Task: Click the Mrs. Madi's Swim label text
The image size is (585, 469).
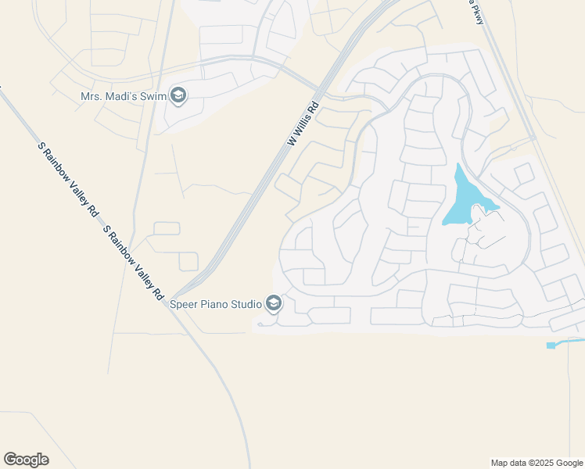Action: click(x=123, y=97)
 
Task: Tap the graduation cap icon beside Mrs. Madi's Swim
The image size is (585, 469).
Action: click(x=178, y=97)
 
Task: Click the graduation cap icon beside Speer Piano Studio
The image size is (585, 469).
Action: click(x=273, y=303)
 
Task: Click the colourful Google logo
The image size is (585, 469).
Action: click(x=26, y=460)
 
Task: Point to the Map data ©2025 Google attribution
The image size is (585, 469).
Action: click(x=537, y=463)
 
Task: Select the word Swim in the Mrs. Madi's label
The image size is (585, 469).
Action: click(x=153, y=97)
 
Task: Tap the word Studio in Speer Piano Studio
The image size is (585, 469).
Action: click(x=248, y=303)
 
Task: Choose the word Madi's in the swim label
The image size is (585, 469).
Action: click(x=120, y=97)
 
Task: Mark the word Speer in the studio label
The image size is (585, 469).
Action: click(x=186, y=303)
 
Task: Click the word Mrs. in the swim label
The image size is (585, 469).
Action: click(x=92, y=97)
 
